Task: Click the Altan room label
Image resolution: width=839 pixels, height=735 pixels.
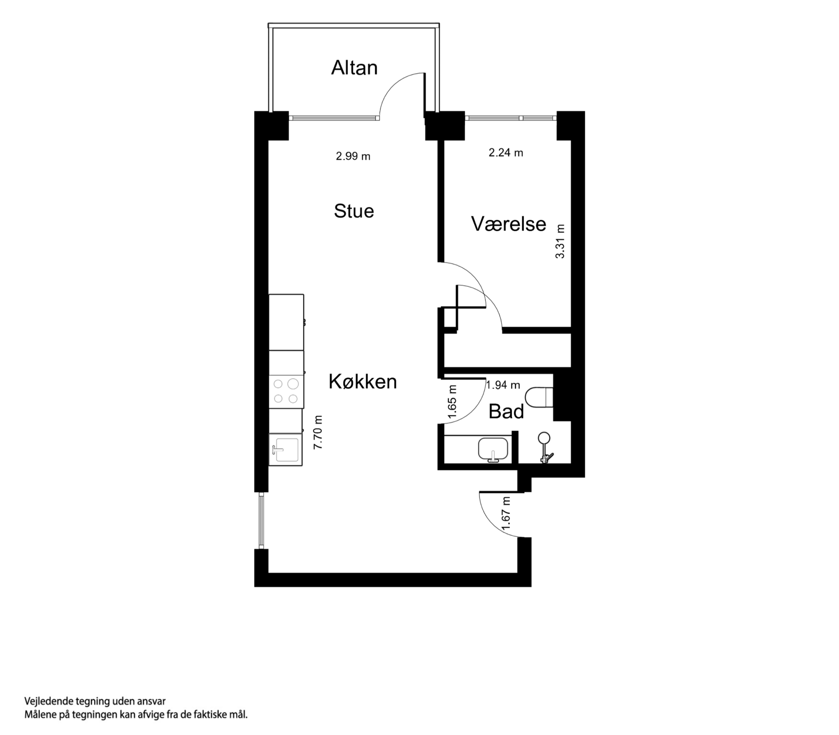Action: click(x=354, y=68)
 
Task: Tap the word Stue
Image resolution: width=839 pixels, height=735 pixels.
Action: click(x=354, y=211)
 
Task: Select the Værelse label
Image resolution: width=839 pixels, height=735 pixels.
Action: click(x=508, y=224)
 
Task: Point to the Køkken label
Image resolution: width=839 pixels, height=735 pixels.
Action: click(x=363, y=382)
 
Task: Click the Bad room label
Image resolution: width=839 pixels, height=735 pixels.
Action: click(x=506, y=412)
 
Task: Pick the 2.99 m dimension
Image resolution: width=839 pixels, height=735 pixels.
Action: click(x=353, y=156)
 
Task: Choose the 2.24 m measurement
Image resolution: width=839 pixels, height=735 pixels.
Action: click(x=506, y=153)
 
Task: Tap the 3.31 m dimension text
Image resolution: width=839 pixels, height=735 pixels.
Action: click(x=560, y=241)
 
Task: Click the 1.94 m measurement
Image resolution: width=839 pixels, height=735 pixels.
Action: click(x=503, y=385)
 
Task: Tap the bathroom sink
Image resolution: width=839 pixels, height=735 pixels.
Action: click(x=493, y=450)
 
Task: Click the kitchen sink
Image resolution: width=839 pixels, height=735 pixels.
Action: click(x=286, y=450)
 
